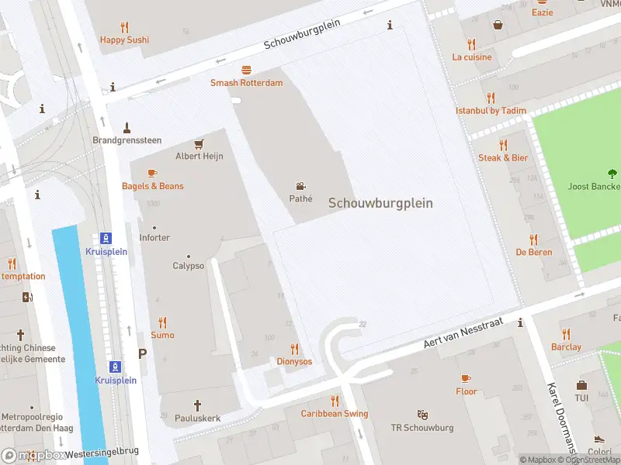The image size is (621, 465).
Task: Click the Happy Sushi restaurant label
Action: point(124,40)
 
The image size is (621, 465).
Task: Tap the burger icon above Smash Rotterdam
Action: point(246,70)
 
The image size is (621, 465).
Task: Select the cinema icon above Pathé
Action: point(300,186)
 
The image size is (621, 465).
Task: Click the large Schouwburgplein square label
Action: point(380,203)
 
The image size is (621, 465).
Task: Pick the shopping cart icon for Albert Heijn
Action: point(199,143)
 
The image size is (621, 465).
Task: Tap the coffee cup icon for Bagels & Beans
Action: point(152,174)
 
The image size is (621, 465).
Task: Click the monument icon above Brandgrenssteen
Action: point(127,127)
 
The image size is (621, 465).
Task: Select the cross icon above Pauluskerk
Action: point(197,405)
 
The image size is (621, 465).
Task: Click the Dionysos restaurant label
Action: point(294,361)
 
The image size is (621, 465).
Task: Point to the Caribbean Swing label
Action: point(335,414)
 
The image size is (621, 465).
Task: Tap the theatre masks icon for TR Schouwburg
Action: point(422,415)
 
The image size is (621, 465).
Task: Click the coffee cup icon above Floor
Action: point(466,378)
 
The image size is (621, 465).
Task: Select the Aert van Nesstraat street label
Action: point(463,332)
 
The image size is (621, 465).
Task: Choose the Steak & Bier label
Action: point(502,157)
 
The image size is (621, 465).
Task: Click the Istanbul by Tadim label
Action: point(491,111)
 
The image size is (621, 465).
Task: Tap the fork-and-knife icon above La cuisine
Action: point(471,44)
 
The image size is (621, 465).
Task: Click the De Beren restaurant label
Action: point(533,252)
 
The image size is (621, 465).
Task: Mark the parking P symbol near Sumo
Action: point(142,353)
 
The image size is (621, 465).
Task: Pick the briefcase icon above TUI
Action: point(581,385)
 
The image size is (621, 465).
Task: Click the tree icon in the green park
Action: point(612,174)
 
